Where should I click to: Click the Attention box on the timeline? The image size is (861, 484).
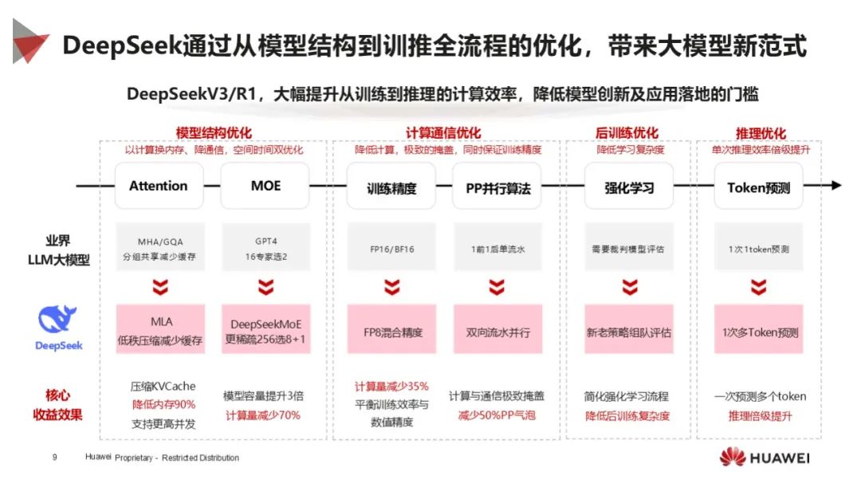tap(159, 187)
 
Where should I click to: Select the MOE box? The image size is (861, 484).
tap(265, 187)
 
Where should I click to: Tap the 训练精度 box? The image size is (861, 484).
tap(391, 188)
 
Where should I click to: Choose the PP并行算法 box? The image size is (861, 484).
tap(497, 188)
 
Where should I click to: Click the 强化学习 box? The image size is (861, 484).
tap(629, 188)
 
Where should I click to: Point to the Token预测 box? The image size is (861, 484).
tap(758, 188)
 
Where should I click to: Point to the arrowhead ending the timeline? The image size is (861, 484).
tap(835, 186)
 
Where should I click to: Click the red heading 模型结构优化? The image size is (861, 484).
tap(214, 133)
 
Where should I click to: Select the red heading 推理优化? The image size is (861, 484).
tap(760, 133)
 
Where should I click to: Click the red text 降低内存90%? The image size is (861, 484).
tap(163, 404)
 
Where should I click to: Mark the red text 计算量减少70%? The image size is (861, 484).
tap(262, 415)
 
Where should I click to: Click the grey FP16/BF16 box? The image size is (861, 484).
tap(391, 249)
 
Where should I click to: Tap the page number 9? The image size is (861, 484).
tap(54, 458)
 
